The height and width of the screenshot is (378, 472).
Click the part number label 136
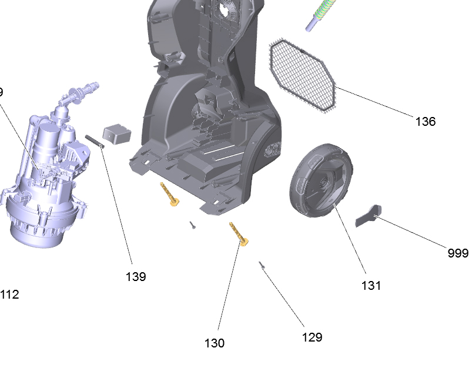(425, 122)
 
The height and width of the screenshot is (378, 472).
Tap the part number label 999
(458, 253)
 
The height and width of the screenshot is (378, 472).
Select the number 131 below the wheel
(371, 286)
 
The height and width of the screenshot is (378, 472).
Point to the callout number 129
(312, 337)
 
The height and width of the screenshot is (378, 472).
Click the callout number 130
(215, 343)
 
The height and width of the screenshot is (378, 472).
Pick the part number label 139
(136, 276)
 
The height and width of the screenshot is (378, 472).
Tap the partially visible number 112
(9, 295)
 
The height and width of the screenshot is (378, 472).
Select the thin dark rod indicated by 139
(96, 141)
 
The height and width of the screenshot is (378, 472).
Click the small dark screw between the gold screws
(193, 224)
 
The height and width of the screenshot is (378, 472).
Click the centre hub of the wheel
(323, 187)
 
